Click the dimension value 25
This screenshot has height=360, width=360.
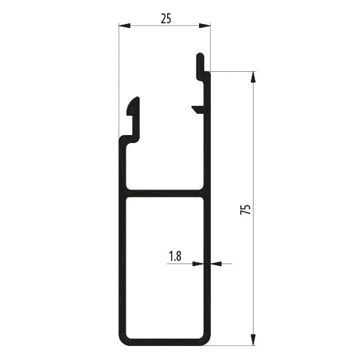click(166, 18)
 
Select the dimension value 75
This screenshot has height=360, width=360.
click(245, 209)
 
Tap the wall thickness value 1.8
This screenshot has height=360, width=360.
click(175, 256)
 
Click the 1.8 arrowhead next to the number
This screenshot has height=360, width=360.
click(198, 264)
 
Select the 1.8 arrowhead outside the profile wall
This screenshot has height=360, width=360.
click(216, 264)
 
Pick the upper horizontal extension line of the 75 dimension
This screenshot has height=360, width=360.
click(233, 71)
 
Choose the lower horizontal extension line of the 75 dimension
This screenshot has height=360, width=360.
click(233, 345)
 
